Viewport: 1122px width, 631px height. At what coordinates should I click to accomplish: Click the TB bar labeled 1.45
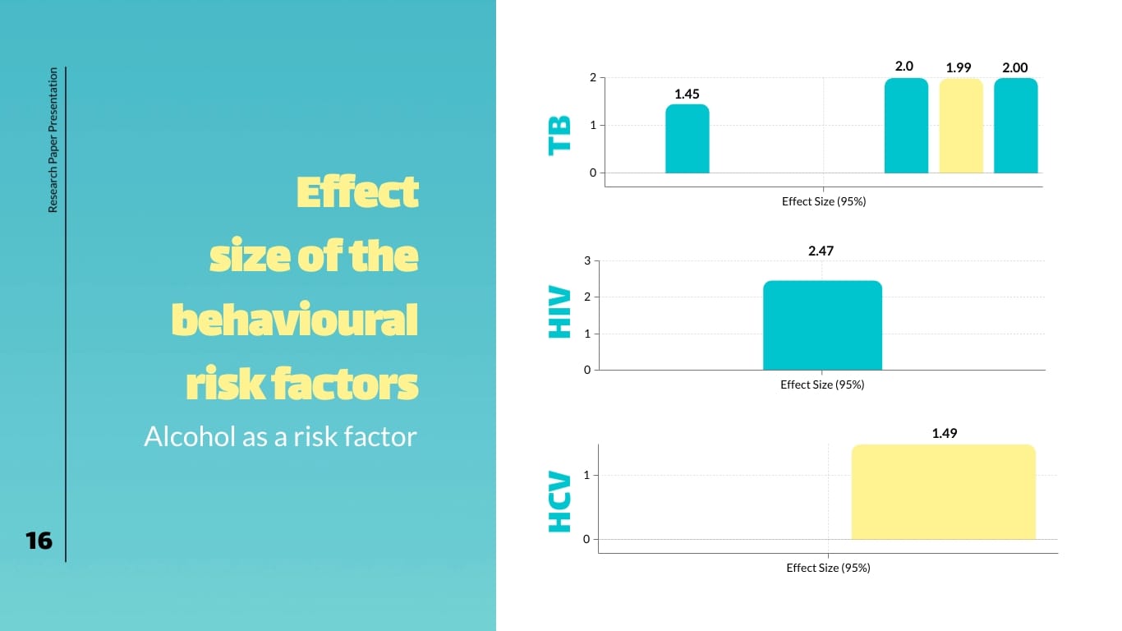tap(687, 139)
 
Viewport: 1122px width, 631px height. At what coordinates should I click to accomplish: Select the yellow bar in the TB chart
tap(960, 126)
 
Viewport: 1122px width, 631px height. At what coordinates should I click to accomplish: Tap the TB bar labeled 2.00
tap(1015, 126)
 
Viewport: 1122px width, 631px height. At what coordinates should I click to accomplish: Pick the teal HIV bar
tap(822, 325)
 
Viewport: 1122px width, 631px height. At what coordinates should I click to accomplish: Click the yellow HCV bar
tap(943, 491)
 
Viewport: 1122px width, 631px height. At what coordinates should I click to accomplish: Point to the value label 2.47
tap(821, 251)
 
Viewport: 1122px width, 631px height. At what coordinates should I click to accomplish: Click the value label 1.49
tap(945, 433)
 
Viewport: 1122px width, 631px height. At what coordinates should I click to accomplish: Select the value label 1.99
tap(959, 67)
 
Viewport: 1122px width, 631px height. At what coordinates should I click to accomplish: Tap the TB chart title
tap(559, 135)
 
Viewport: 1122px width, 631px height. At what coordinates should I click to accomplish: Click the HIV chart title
tap(559, 312)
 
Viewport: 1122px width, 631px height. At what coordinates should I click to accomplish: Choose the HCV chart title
tap(559, 501)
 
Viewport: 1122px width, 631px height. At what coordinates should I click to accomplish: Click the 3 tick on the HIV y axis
tap(587, 261)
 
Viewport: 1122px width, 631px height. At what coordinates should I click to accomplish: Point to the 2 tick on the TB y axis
tap(592, 78)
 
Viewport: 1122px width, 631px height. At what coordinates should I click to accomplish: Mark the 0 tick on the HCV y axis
tap(586, 539)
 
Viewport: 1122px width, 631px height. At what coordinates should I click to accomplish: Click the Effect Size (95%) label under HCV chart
tap(828, 568)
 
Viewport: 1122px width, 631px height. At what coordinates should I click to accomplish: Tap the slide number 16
tap(39, 541)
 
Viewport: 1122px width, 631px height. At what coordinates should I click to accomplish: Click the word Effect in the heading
tap(356, 193)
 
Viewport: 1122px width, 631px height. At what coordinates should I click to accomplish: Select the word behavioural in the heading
tap(295, 320)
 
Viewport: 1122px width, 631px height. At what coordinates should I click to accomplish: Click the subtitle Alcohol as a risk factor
tap(280, 436)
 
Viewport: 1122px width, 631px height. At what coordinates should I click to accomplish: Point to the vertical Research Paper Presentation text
tap(53, 140)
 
